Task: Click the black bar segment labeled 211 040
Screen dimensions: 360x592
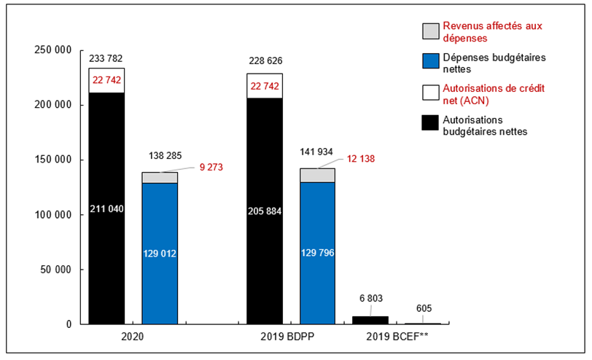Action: coord(106,208)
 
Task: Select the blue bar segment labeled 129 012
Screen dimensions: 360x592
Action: coord(160,253)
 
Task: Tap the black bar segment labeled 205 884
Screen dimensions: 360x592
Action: coord(265,211)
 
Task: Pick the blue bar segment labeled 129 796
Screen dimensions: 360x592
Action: coord(318,253)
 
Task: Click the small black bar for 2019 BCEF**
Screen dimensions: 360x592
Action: coord(370,320)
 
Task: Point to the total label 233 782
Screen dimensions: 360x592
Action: coord(106,58)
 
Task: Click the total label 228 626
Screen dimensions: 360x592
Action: coord(265,61)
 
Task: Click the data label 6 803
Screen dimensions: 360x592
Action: coord(370,298)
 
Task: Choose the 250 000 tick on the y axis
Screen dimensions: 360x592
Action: coord(53,50)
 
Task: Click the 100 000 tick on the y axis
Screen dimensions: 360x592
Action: coord(53,215)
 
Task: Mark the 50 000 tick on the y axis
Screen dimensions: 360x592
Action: coord(56,270)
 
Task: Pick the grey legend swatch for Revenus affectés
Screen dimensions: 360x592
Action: coord(430,31)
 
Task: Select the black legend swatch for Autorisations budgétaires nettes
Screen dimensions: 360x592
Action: coord(430,125)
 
